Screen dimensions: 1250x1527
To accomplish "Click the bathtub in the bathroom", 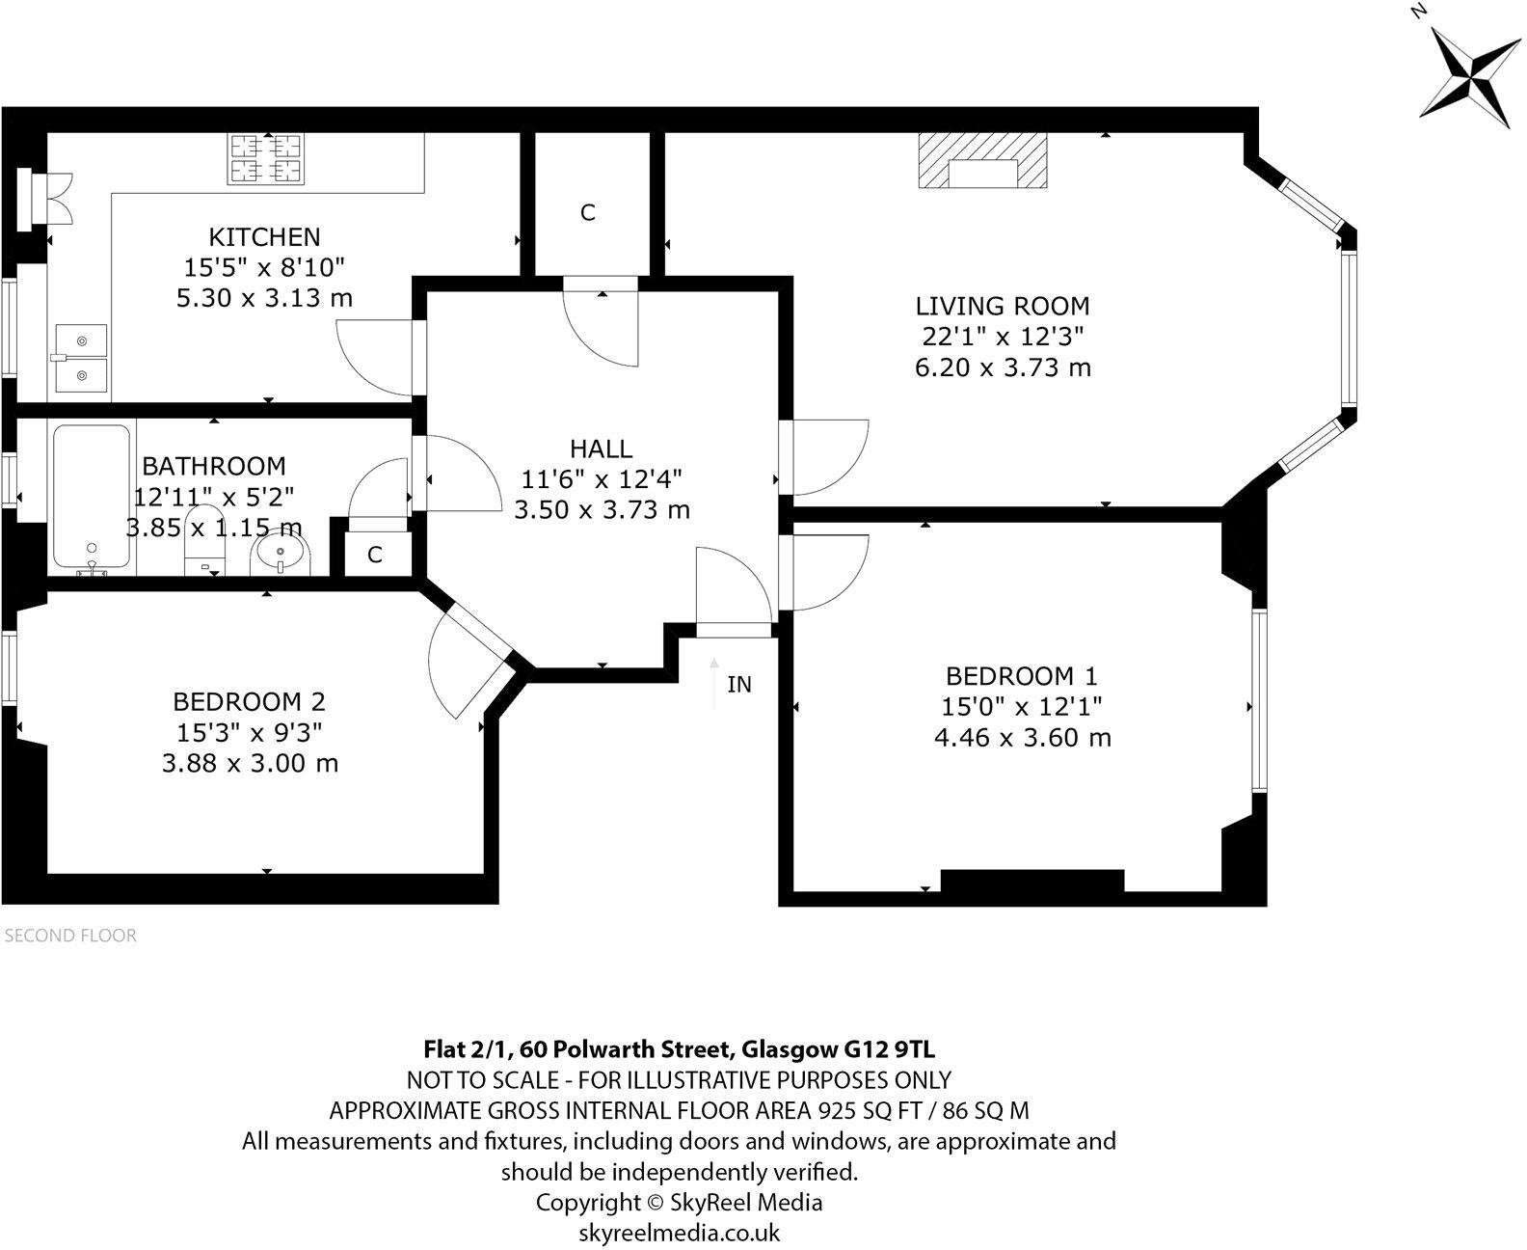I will click(x=91, y=497).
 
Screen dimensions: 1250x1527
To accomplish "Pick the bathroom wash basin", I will click(x=281, y=555).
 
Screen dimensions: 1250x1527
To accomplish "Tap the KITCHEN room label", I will click(x=264, y=236).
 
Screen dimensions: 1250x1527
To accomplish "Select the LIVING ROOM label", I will click(x=1003, y=307).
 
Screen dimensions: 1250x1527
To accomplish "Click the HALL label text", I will click(x=602, y=448).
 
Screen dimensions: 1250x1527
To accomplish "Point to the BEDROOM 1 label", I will click(x=1021, y=676).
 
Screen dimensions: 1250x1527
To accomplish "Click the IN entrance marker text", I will click(x=738, y=685).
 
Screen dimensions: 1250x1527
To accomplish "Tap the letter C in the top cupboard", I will click(x=588, y=212).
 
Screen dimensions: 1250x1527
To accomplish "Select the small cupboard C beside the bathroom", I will click(x=375, y=555).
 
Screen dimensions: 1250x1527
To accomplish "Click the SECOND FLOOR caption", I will click(x=71, y=936).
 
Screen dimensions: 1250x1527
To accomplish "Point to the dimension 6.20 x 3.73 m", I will click(x=1003, y=367).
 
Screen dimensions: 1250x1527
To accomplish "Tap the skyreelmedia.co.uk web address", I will click(x=679, y=1233).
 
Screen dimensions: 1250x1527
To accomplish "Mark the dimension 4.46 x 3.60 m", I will click(x=1022, y=738).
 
